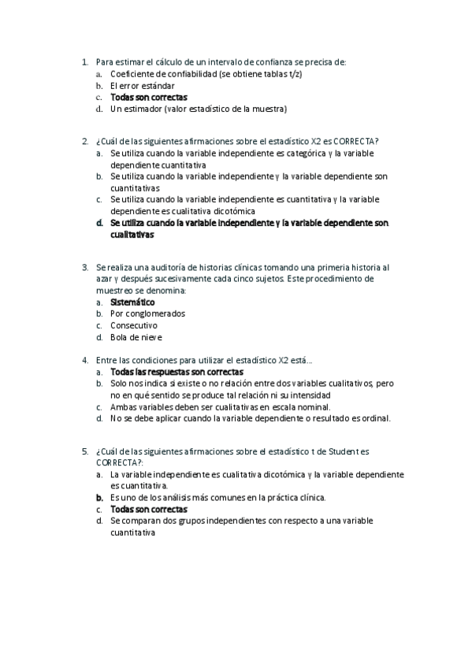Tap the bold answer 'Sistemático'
click(132, 302)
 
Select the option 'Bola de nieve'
click(136, 336)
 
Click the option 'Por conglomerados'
click(147, 314)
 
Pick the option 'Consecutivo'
click(134, 325)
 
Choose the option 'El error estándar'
click(142, 85)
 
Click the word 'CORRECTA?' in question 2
click(356, 141)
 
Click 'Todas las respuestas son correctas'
click(177, 372)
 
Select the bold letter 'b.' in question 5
click(100, 498)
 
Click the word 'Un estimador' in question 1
click(136, 108)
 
